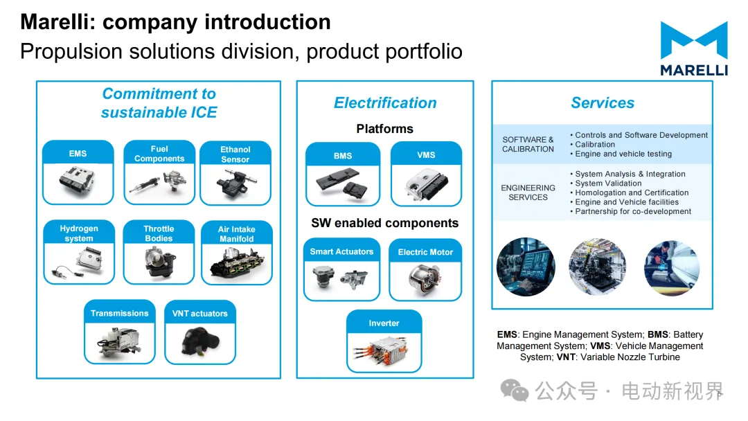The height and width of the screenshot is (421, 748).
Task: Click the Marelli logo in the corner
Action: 693,48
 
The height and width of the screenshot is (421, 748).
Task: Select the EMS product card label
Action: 78,154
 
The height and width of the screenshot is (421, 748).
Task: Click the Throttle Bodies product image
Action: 159,262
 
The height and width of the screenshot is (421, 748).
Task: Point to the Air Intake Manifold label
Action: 237,234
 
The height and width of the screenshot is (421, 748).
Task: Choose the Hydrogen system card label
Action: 79,233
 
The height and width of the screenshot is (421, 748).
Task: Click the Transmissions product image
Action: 119,341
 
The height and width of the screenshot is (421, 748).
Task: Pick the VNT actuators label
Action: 199,314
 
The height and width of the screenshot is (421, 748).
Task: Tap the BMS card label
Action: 343,156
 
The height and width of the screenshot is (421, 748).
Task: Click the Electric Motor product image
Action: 425,280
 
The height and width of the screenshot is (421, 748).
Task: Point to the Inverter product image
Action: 384,350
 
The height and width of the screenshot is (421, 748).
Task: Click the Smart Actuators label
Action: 341,252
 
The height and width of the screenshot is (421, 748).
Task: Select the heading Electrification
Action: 385,103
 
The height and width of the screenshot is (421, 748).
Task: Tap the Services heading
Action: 602,103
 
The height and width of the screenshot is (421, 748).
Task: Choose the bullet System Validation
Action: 608,183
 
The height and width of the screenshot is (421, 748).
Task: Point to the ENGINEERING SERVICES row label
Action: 528,192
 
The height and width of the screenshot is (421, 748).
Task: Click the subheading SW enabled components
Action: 384,223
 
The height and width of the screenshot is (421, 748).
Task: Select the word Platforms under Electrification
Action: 384,129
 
